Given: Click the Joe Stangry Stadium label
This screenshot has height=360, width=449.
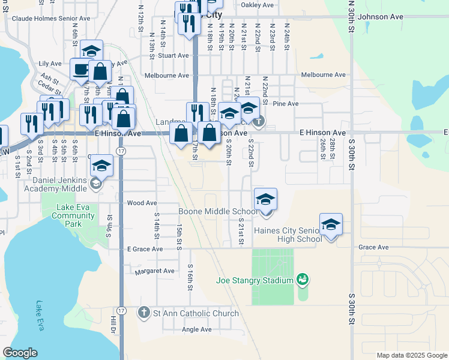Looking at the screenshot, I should [x=255, y=280].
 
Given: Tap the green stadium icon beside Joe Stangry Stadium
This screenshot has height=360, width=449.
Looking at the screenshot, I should [x=303, y=280].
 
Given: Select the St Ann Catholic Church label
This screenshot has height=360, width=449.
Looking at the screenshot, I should [x=196, y=313].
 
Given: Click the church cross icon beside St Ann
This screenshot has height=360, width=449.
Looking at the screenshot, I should [x=143, y=313].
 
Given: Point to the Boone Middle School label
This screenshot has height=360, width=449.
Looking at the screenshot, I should [x=218, y=212].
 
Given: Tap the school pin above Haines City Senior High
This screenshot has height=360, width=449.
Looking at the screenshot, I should [x=331, y=225].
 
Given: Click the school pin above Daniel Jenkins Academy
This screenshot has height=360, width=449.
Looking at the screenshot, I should [x=102, y=166].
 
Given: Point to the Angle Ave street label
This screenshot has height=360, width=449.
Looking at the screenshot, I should [x=197, y=329].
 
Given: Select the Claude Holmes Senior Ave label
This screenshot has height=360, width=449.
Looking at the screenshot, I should [x=50, y=19].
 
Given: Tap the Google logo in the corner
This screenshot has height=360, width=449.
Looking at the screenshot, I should [x=20, y=353].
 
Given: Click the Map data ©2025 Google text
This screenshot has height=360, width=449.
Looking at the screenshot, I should [x=411, y=355].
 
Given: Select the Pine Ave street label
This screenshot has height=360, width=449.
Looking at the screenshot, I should [x=285, y=104].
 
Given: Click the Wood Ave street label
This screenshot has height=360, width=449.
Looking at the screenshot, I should [x=142, y=203].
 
